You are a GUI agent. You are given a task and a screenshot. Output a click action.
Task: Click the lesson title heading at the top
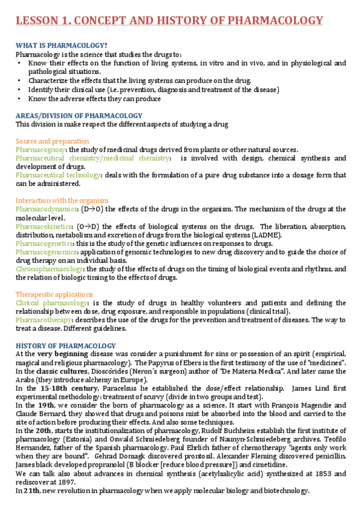169,21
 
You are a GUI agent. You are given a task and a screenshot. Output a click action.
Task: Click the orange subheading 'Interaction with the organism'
62,200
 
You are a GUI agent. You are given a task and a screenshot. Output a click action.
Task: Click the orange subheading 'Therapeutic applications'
54,294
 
